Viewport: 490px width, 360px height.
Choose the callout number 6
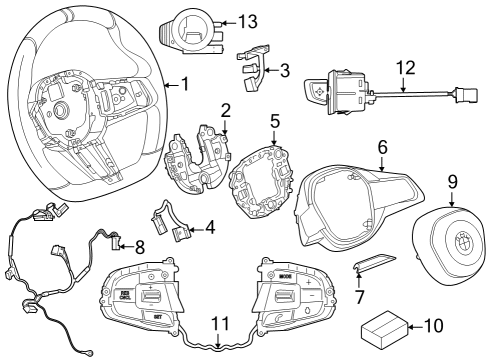tap(380, 145)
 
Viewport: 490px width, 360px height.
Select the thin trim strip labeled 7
tap(376, 264)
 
